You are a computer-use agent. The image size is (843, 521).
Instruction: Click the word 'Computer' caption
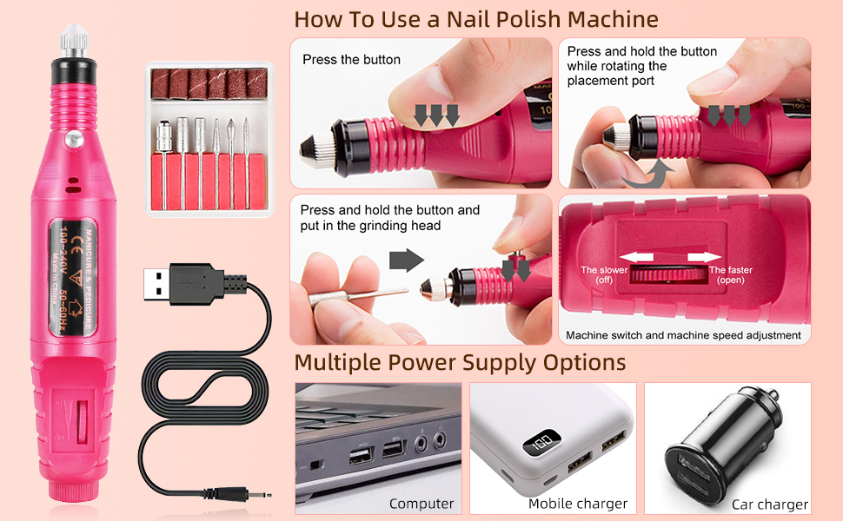click(x=421, y=504)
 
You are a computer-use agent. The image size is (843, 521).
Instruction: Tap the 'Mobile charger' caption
click(x=578, y=504)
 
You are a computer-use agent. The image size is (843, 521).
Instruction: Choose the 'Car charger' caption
click(x=770, y=505)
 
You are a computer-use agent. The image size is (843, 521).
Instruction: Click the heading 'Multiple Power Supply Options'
click(x=460, y=361)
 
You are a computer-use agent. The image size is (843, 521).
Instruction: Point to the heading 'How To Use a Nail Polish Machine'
click(x=475, y=19)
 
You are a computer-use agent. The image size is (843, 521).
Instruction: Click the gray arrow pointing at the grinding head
click(x=404, y=260)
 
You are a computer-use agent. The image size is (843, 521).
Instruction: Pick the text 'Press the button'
click(x=351, y=60)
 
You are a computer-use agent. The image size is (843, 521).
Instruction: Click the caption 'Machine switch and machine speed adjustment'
click(x=683, y=334)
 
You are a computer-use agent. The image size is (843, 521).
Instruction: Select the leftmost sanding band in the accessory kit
click(x=162, y=82)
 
